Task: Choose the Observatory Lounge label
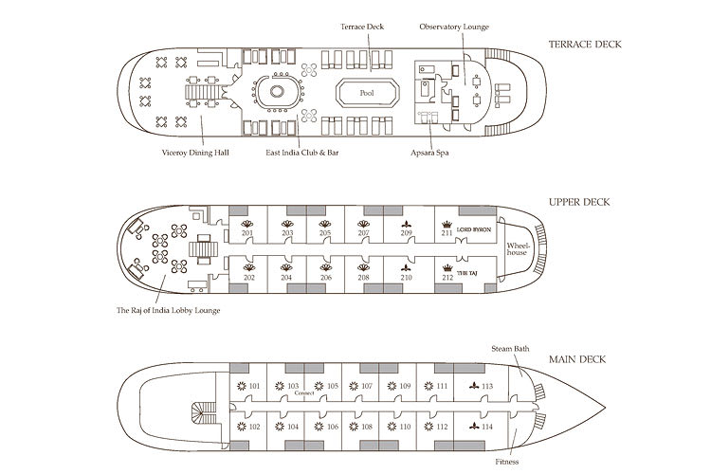pyautogui.click(x=454, y=27)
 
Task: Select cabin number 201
pyautogui.click(x=248, y=233)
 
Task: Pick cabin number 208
pyautogui.click(x=364, y=278)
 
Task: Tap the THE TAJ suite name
pyautogui.click(x=468, y=273)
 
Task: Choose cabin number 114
pyautogui.click(x=486, y=428)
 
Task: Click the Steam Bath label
pyautogui.click(x=508, y=349)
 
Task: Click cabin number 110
pyautogui.click(x=405, y=428)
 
